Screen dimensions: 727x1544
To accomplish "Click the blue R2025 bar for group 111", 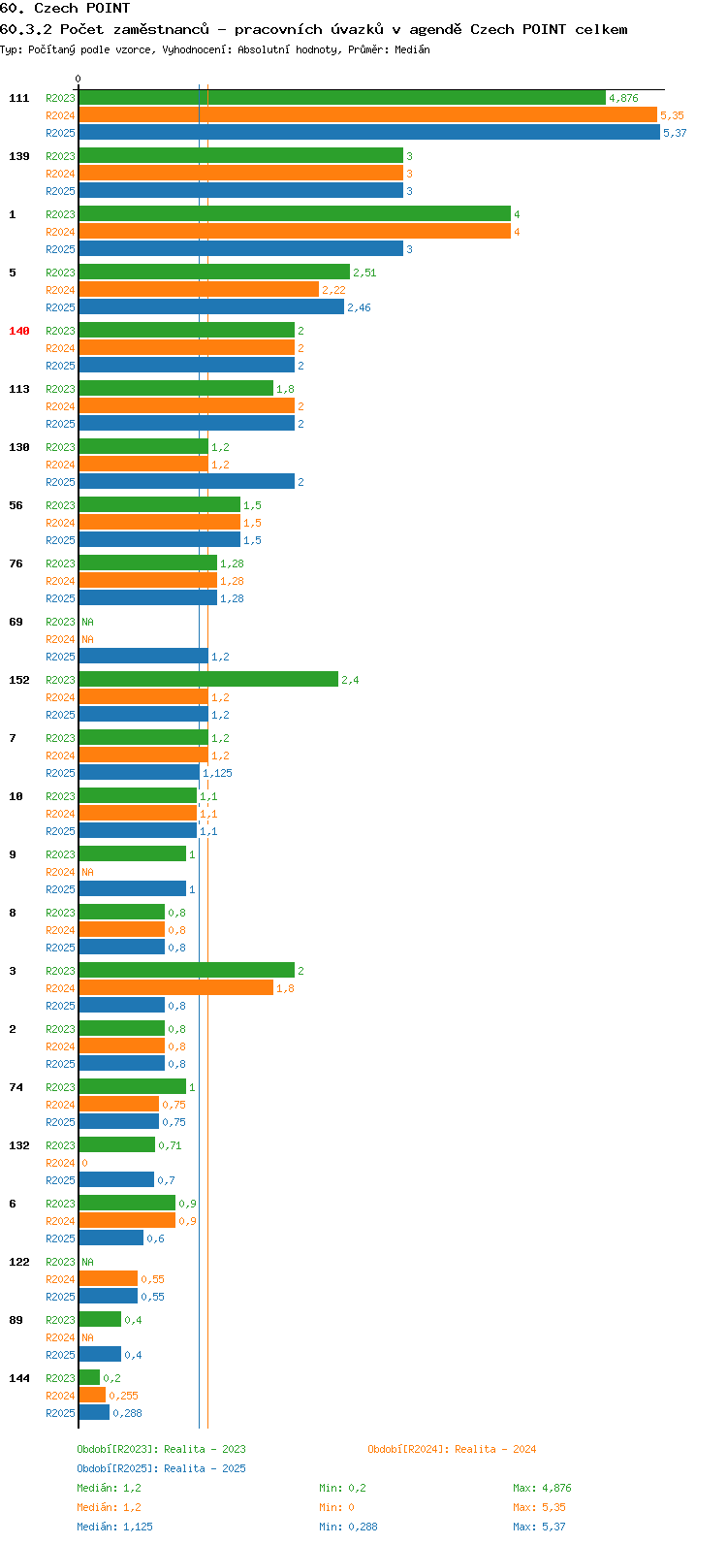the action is tap(369, 132).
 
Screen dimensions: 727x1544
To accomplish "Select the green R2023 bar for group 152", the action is tap(208, 680).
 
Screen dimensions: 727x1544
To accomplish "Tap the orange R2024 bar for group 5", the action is tap(199, 289).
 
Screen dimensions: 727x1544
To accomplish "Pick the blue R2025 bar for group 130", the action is tap(187, 481).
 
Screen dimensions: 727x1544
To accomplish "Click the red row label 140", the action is tap(19, 331).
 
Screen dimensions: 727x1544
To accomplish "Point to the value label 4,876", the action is tap(623, 98).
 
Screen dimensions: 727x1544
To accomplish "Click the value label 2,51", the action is tap(364, 273).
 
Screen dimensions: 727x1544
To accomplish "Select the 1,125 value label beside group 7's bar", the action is tap(217, 773).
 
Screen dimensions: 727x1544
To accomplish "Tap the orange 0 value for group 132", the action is tap(84, 1163).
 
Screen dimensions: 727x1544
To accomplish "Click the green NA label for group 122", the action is tap(87, 1262).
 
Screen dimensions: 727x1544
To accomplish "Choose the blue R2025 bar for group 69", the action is tap(143, 657).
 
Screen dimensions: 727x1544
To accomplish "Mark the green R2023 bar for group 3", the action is tap(187, 971).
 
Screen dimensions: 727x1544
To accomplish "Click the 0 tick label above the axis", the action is tap(78, 79).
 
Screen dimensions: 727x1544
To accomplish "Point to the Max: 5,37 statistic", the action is tap(539, 1527).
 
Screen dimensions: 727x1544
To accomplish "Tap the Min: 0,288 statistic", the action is tap(348, 1527).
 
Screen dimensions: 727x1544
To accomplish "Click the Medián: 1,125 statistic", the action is tap(114, 1527).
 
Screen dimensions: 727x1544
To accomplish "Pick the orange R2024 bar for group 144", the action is tap(92, 1395).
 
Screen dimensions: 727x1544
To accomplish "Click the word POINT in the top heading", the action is tap(109, 9).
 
